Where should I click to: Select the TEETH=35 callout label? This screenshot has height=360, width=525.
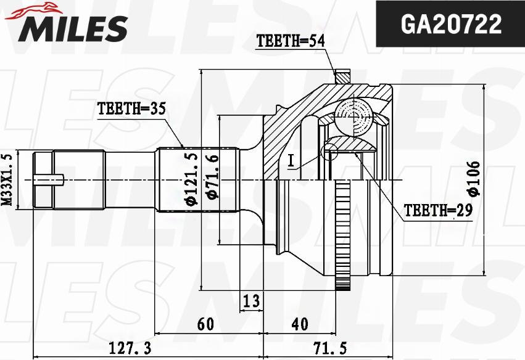(x=131, y=109)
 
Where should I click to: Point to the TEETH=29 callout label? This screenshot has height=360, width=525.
(x=438, y=211)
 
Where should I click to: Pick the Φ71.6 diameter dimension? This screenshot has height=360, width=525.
(x=211, y=178)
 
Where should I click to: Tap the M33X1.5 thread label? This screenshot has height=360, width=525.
(x=7, y=179)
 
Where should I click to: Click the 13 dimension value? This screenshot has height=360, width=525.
(x=250, y=301)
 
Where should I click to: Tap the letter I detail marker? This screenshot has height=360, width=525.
(x=290, y=161)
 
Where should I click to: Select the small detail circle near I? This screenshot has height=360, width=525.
(x=329, y=150)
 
